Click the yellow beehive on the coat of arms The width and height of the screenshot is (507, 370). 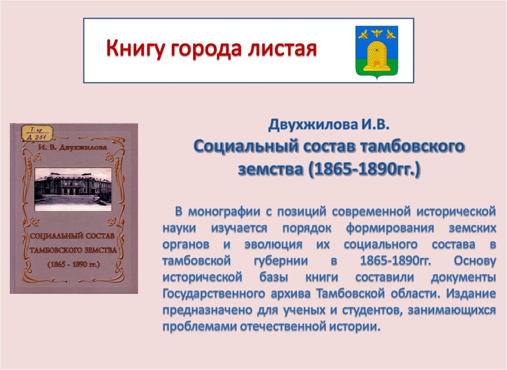377,55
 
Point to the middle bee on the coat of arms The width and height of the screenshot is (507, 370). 377,32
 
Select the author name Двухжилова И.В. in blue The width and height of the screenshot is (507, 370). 329,125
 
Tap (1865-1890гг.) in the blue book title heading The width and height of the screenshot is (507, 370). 364,169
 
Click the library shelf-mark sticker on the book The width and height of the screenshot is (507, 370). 37,133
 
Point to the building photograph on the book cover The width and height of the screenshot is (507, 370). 73,189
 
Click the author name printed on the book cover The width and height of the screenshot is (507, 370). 73,148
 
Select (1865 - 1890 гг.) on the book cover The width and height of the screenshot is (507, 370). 74,265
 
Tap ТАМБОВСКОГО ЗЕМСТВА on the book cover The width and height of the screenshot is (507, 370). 73,250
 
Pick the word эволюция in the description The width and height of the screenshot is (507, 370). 273,244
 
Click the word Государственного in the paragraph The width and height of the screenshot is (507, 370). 213,294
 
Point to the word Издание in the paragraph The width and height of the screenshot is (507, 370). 471,293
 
